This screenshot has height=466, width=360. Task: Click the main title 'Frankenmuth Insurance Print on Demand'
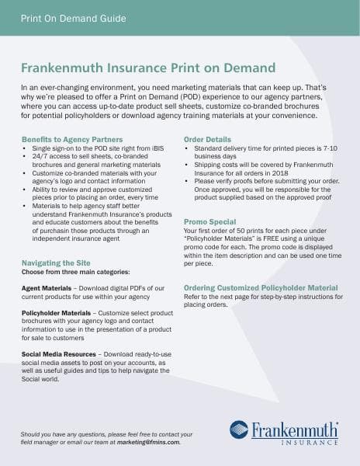coord(154,68)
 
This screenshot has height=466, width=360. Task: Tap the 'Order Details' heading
coord(207,139)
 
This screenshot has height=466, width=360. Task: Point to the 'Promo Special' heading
coord(211,221)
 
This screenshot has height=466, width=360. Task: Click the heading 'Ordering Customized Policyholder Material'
coord(261,287)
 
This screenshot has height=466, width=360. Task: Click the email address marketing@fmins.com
coord(147,442)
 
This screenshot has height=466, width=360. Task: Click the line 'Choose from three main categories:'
coord(75,272)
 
